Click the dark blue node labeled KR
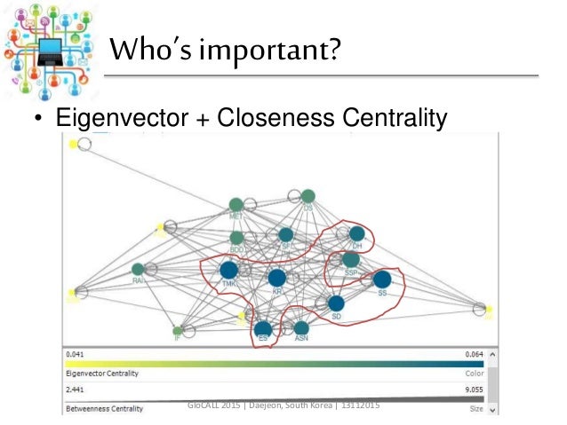pos(276,278)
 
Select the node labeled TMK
pos(228,269)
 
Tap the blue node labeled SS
pos(382,279)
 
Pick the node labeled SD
pos(336,303)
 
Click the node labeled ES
pos(263,329)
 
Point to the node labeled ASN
pos(301,327)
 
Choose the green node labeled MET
pos(236,205)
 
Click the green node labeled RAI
pos(138,269)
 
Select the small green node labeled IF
pos(178,331)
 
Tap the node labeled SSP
pos(351,259)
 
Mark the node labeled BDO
pos(237,238)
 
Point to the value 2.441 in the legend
pos(75,389)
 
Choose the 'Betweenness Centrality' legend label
pos(103,409)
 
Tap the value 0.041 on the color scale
pos(75,354)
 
